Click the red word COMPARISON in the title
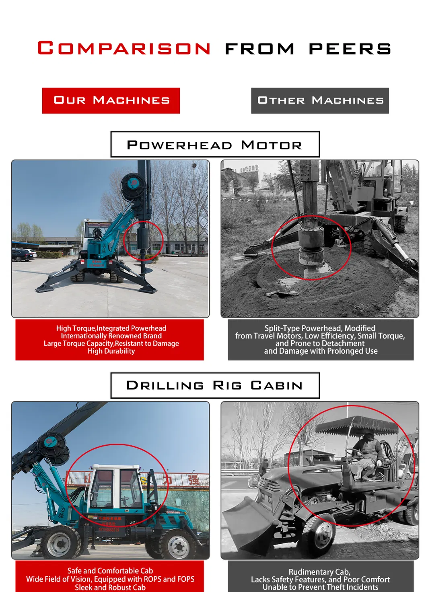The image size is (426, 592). click(124, 48)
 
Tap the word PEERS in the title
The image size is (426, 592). click(350, 49)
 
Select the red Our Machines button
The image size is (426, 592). click(111, 100)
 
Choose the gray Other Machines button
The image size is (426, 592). click(320, 100)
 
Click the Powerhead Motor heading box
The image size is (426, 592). click(215, 144)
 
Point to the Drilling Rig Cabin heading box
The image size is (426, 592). click(215, 385)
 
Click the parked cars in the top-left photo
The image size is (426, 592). click(23, 255)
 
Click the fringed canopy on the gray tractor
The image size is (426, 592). click(356, 426)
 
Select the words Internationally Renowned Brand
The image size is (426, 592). click(111, 336)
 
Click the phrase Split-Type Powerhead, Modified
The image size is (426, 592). click(320, 328)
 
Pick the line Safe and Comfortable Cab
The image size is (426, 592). click(110, 571)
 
